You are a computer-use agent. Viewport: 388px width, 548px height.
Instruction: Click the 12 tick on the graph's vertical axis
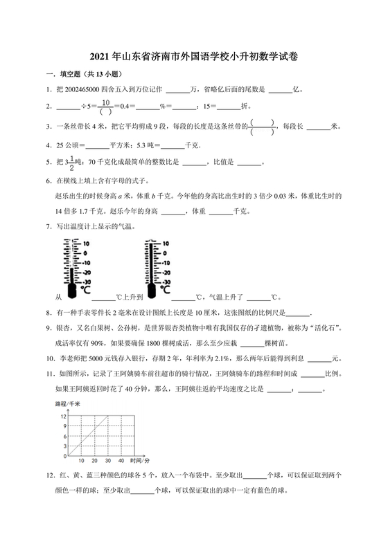click(x=62, y=415)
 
